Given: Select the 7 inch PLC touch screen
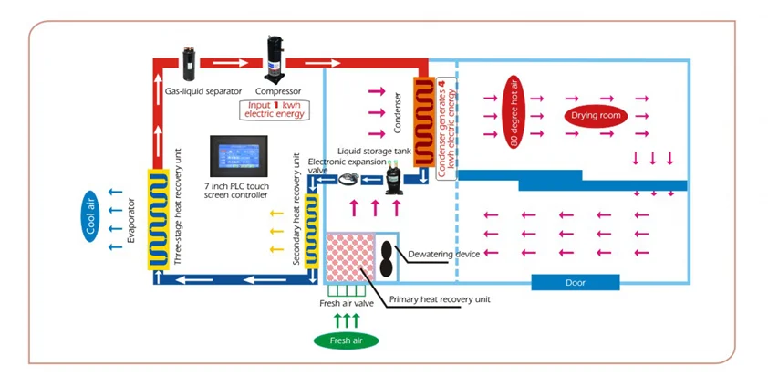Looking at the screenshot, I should (x=239, y=156).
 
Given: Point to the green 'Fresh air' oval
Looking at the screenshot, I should (x=347, y=340).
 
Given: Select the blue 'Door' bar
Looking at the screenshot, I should (x=575, y=282).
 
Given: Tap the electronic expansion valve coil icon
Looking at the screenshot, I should (x=351, y=181).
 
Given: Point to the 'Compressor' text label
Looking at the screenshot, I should (x=277, y=91).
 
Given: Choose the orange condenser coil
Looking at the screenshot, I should (x=424, y=122).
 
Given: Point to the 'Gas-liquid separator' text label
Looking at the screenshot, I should (x=202, y=91).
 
